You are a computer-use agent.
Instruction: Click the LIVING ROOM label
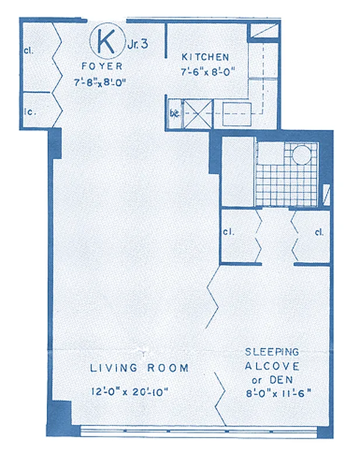coord(139,368)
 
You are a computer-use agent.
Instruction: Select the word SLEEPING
coord(272,352)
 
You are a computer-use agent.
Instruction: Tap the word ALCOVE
coord(272,366)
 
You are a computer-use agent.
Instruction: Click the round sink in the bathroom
coord(302,155)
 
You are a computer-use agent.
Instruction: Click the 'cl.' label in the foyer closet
coord(28,50)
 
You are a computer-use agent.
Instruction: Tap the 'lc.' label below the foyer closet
coord(27,109)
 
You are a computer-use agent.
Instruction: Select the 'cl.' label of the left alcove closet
coord(228,232)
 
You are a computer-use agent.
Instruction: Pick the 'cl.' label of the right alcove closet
coord(319,232)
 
